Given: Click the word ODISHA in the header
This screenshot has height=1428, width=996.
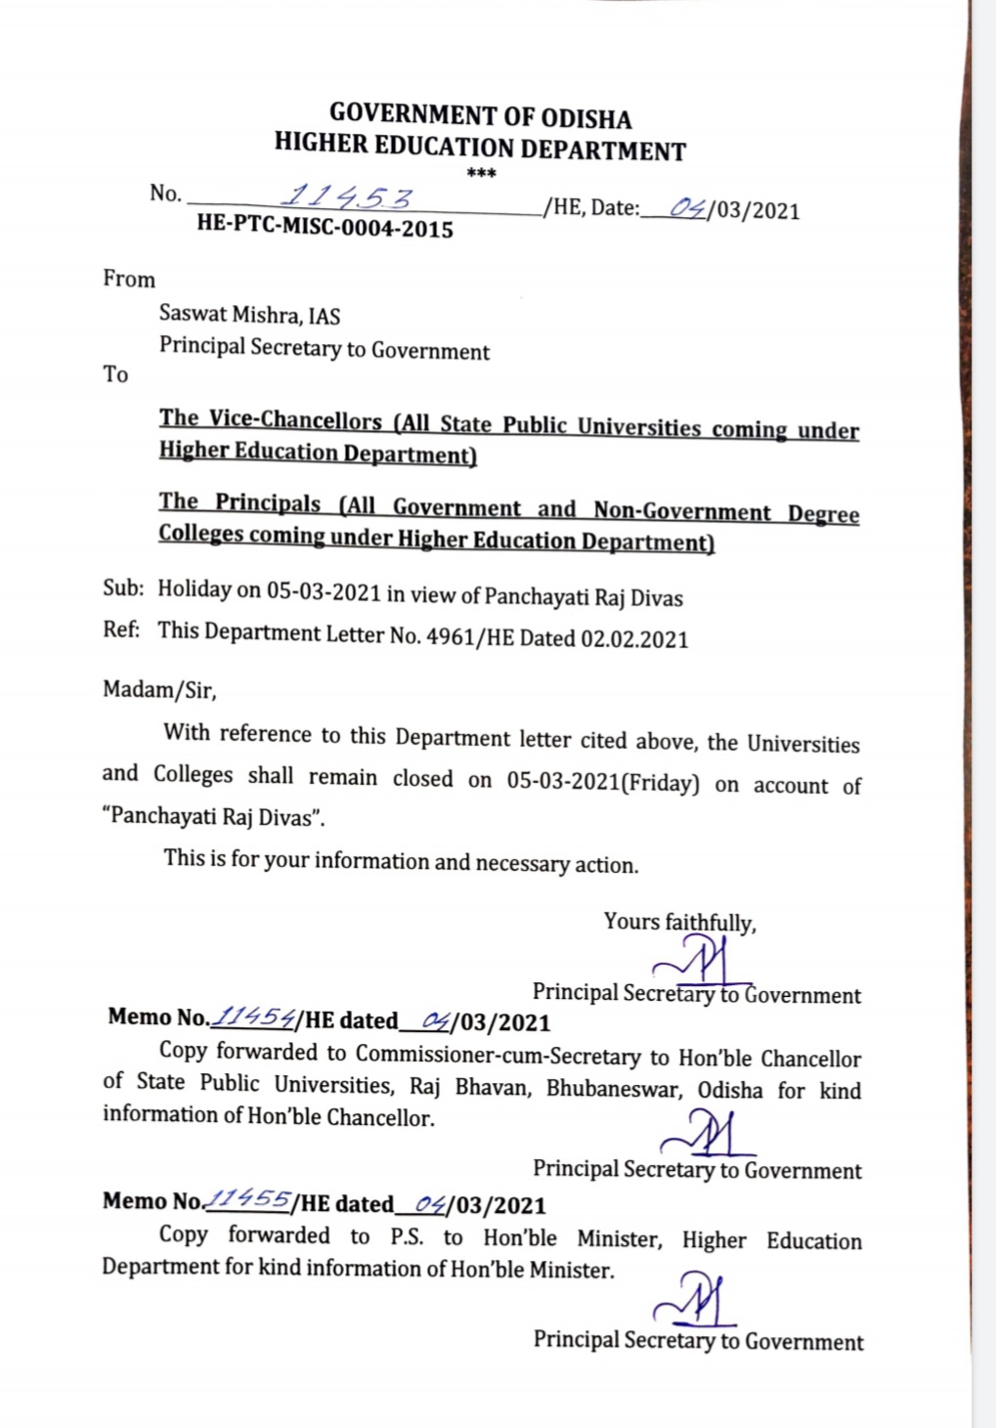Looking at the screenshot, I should pyautogui.click(x=585, y=119).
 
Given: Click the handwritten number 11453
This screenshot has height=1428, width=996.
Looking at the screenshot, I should pyautogui.click(x=347, y=198).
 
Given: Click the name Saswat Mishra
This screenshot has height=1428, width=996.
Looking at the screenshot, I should pyautogui.click(x=229, y=314).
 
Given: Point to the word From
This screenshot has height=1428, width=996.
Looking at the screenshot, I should pyautogui.click(x=129, y=279).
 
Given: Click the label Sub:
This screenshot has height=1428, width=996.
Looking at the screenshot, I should pyautogui.click(x=123, y=588).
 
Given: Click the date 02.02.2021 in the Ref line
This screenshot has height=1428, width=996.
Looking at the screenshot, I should pyautogui.click(x=634, y=639).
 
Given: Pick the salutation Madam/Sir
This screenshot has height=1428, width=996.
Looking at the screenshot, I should pyautogui.click(x=159, y=690).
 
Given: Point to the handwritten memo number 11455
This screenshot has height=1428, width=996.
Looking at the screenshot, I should pyautogui.click(x=248, y=1199).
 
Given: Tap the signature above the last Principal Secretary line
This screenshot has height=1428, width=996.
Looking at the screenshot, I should pyautogui.click(x=694, y=1300).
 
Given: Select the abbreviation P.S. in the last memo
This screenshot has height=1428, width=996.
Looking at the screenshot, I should pyautogui.click(x=407, y=1236).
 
